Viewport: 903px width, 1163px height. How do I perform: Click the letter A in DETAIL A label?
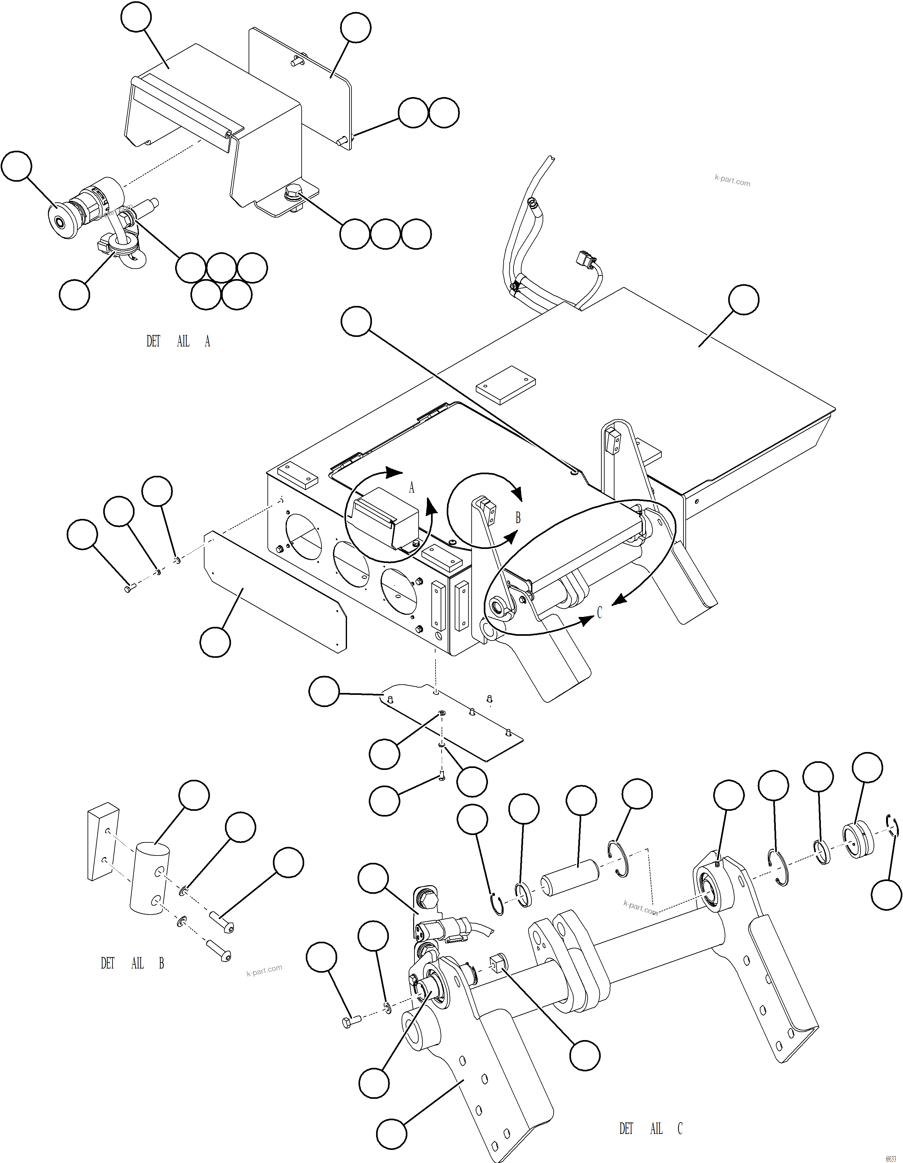coord(207,341)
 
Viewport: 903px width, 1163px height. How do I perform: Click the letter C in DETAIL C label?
coord(680,1129)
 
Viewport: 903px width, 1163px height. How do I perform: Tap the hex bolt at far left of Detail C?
coord(350,1021)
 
